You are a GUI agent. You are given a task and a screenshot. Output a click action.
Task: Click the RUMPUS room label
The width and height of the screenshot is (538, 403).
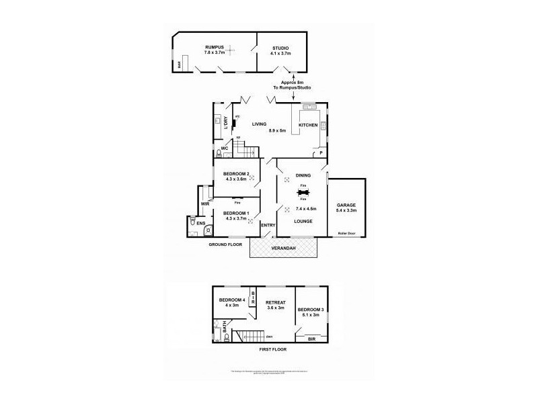click(215, 47)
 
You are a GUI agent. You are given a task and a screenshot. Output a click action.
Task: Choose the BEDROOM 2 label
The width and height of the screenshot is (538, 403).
click(237, 175)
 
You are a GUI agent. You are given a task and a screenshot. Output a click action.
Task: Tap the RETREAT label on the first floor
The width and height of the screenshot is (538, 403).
click(276, 303)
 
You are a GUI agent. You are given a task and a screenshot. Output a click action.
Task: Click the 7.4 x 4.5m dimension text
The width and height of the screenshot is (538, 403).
click(300, 209)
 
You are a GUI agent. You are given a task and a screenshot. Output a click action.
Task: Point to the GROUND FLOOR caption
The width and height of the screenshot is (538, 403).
click(224, 244)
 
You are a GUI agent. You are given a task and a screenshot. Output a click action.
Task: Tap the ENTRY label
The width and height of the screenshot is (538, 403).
click(268, 226)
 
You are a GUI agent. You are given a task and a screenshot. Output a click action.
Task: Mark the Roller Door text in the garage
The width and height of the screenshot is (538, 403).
click(347, 233)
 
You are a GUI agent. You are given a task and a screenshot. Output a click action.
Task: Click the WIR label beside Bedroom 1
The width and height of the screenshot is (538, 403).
click(204, 204)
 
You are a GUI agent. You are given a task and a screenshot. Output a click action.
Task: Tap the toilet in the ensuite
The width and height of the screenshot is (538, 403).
click(193, 222)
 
